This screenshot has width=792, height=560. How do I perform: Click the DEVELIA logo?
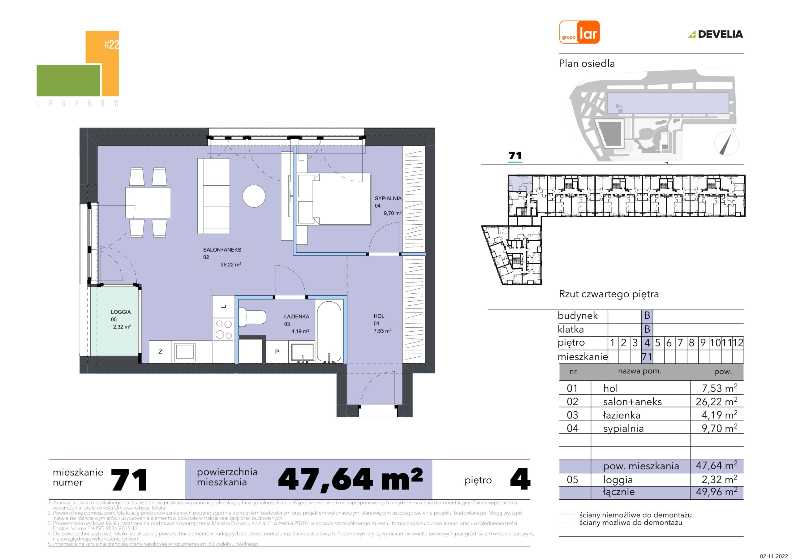716,34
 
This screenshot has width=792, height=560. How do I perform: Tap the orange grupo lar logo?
579,32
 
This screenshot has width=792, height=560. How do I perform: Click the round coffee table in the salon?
254,196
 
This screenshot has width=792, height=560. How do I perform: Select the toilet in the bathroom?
252,317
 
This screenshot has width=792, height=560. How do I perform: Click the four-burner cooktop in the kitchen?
224,330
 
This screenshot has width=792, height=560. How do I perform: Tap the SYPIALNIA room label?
388,198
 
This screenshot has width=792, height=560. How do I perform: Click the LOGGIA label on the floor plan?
121,312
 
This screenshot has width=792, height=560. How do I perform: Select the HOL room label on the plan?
379,316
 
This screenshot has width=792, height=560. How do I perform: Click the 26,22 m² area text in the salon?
231,265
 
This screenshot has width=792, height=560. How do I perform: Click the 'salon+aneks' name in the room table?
632,402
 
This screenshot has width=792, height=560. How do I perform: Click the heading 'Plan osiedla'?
587,63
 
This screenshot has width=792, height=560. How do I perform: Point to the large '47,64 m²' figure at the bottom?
350,479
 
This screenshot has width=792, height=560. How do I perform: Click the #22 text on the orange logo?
111,45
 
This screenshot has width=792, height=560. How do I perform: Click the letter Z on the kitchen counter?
160,352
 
